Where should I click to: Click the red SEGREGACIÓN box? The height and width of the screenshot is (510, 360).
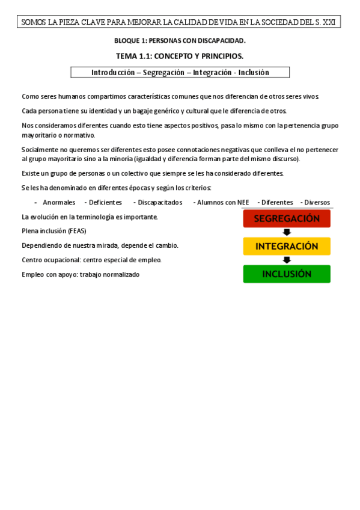coord(287,219)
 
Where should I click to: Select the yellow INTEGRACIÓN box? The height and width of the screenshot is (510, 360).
coord(287,247)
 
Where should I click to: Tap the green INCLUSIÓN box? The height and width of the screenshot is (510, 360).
coord(287,274)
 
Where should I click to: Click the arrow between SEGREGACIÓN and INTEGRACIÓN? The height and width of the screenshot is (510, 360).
coord(287,232)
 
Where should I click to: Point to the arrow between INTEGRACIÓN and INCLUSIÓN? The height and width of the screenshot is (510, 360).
coord(287,260)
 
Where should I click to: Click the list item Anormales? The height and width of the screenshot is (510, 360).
coord(59,203)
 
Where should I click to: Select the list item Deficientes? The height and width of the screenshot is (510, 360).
coord(105,203)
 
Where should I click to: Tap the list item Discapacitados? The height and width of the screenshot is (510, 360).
coord(160,203)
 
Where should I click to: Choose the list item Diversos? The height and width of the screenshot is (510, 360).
coord(317,203)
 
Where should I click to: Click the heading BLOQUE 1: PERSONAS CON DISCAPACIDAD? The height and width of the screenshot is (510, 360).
coord(180,41)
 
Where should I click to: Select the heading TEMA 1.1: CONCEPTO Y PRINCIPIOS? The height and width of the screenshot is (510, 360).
coord(180,57)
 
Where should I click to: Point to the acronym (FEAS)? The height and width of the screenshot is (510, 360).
coord(78,231)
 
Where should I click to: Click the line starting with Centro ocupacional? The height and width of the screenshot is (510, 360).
coord(91,260)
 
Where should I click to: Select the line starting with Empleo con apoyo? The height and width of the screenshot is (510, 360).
coord(81,274)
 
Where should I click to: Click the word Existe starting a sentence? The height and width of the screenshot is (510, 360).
coord(31,173)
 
